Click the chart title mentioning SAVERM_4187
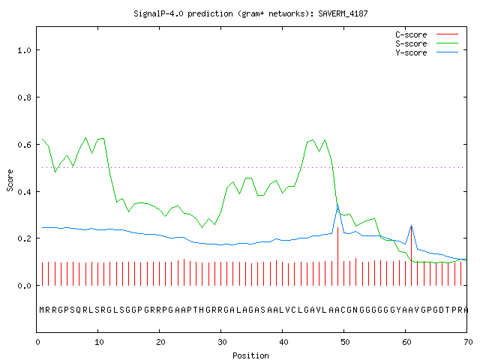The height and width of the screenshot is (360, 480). tap(250, 13)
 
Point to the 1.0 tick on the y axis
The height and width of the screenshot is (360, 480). tap(24, 50)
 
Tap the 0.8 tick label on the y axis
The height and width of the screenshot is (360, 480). tap(24, 97)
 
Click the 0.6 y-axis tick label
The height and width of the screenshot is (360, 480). tap(24, 145)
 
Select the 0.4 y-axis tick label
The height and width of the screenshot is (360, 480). tap(24, 192)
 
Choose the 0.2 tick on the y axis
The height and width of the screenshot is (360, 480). tap(24, 238)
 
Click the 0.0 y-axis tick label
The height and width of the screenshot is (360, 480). tap(24, 286)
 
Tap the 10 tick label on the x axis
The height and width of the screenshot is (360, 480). tap(99, 342)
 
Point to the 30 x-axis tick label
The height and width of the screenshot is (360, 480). tap(222, 342)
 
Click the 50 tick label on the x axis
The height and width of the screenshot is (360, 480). tap(345, 342)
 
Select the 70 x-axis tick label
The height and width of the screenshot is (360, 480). tap(468, 342)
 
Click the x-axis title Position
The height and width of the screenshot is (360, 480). tap(250, 355)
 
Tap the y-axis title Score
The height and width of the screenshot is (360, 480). tap(10, 180)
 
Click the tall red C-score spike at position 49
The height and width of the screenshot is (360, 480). tap(337, 256)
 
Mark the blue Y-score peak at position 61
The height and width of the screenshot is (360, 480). tap(411, 226)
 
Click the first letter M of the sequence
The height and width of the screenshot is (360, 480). tap(42, 310)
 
